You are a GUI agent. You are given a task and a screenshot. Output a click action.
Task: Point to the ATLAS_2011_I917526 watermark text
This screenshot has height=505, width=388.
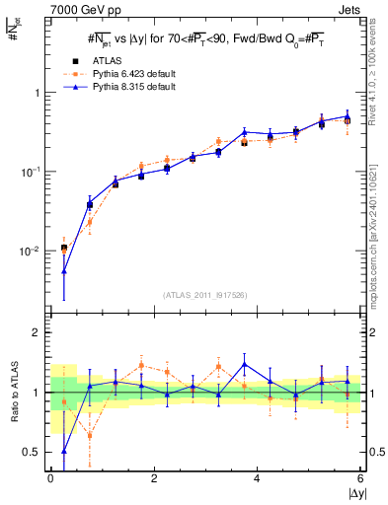[204, 295]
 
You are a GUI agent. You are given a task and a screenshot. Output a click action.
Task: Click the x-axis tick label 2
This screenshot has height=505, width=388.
[154, 478]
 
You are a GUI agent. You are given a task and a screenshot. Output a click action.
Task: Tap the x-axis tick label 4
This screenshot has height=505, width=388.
[258, 478]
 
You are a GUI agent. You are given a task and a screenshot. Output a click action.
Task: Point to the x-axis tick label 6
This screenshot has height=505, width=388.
[360, 478]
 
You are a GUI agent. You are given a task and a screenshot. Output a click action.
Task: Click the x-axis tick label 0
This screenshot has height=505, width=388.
[50, 478]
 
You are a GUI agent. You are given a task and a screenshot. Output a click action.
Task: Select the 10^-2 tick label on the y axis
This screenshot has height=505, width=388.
[31, 251]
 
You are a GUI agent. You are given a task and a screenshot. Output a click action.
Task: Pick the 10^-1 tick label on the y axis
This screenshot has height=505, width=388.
[31, 172]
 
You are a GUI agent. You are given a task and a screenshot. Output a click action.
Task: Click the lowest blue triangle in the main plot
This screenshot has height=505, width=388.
[64, 270]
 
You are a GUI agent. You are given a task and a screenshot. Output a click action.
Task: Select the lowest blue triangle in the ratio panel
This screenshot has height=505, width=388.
[64, 451]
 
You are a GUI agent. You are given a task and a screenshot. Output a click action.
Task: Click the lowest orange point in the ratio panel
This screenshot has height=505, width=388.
[90, 435]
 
